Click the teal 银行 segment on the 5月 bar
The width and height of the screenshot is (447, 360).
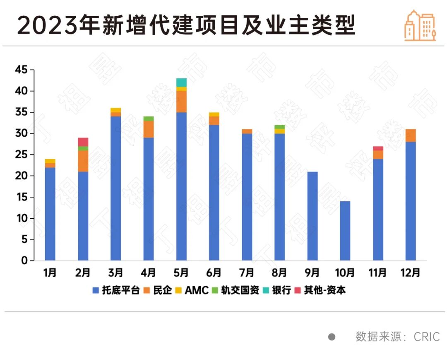[181, 82]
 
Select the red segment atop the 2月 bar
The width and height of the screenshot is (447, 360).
[83, 142]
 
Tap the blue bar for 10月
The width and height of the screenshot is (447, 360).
[345, 231]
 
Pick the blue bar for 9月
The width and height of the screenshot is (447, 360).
[312, 216]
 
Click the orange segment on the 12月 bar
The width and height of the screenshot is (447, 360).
[411, 135]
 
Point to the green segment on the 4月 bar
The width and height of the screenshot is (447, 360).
[149, 119]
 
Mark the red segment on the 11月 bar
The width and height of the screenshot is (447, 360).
[378, 148]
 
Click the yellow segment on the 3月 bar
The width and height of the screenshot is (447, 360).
[116, 110]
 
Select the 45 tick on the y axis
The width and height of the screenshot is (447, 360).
[21, 70]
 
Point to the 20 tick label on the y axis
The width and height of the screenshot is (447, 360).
[21, 176]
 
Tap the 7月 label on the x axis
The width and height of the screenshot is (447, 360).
[247, 273]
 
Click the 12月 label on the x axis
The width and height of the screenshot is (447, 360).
[411, 273]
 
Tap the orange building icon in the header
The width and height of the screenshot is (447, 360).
[420, 26]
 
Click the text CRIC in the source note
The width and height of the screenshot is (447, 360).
[427, 336]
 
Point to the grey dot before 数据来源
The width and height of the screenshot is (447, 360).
[332, 336]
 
